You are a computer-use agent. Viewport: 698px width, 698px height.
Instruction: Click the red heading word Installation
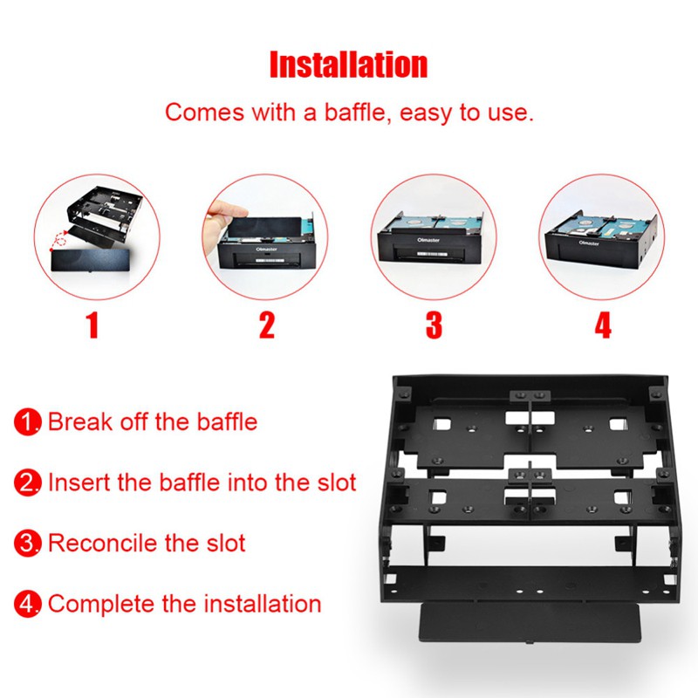(348, 65)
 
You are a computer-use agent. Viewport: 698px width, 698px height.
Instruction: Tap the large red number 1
(92, 325)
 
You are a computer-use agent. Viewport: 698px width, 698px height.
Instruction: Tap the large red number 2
(266, 325)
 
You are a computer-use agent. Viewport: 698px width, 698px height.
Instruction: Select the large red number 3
(434, 325)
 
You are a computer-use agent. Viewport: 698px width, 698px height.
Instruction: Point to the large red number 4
(602, 325)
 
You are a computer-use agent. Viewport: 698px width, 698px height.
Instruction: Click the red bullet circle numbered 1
(28, 423)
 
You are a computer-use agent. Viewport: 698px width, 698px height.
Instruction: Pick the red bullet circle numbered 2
(28, 482)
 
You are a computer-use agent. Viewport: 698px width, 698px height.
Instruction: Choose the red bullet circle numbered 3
(28, 544)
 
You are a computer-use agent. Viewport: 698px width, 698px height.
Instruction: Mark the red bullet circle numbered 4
(28, 603)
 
